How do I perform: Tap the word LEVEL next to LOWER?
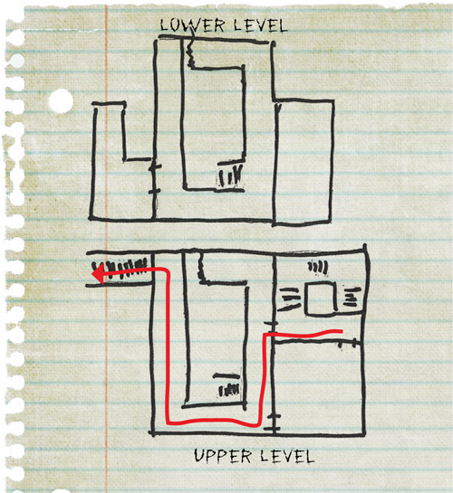click(260, 25)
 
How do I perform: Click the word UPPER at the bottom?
click(223, 456)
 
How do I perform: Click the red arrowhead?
click(98, 274)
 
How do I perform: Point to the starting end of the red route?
click(342, 331)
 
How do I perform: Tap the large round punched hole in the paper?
click(61, 101)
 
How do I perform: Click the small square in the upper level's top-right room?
click(321, 299)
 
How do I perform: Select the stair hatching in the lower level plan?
click(231, 176)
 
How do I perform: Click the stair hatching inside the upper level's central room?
click(229, 390)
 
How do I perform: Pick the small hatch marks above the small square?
click(318, 267)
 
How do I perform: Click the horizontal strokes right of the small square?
click(352, 297)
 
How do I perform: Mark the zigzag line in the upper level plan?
click(201, 267)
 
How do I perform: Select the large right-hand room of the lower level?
click(304, 162)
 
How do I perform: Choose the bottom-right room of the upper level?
click(319, 388)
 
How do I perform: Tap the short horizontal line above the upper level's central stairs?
click(226, 375)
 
